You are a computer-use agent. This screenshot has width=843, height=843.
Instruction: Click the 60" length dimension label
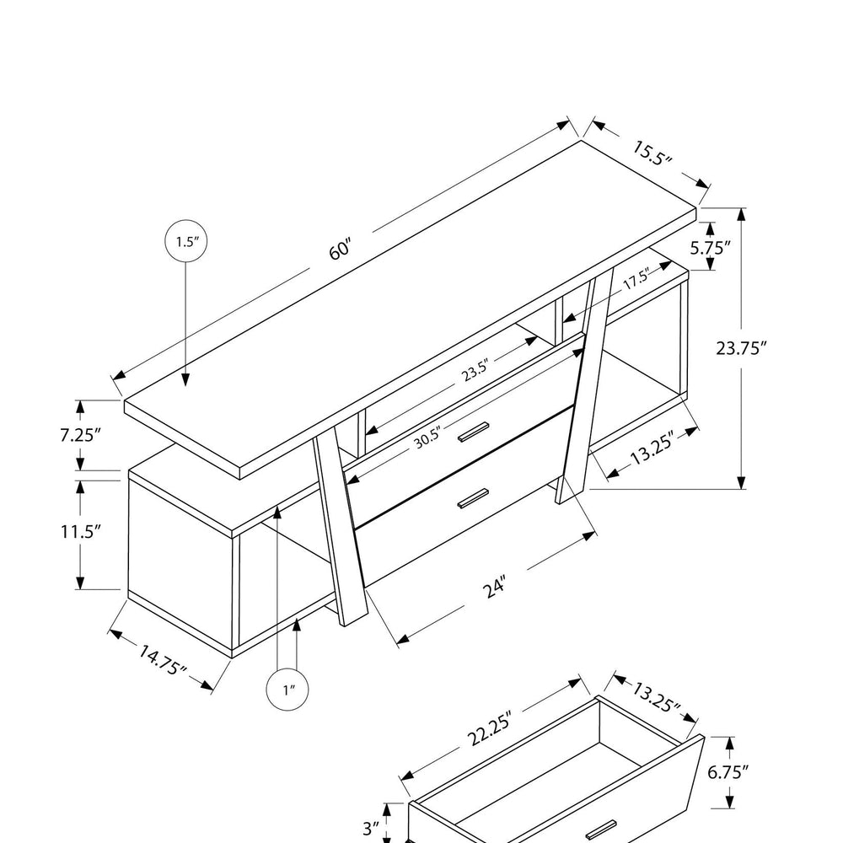[x=340, y=251]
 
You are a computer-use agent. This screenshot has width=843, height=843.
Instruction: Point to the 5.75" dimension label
[x=710, y=247]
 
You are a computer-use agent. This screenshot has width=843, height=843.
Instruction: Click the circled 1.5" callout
[x=185, y=243]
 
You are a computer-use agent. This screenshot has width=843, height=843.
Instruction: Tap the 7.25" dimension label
[x=81, y=435]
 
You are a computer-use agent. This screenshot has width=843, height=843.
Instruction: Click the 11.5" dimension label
[x=81, y=532]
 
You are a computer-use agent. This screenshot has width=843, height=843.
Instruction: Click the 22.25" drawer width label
[x=488, y=735]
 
